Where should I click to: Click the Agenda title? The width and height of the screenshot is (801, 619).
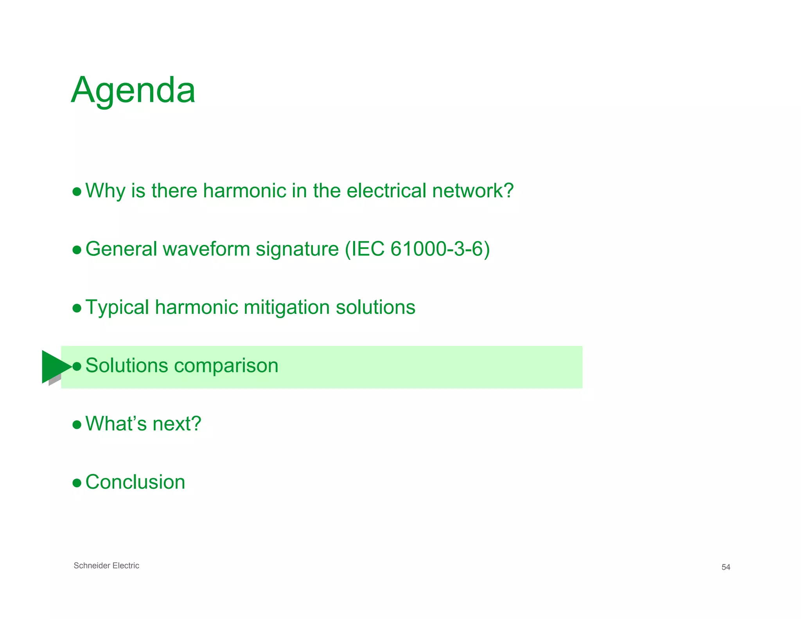pyautogui.click(x=133, y=90)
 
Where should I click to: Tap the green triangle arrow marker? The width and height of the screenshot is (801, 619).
pyautogui.click(x=55, y=366)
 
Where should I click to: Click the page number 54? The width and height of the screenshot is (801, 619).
pyautogui.click(x=726, y=567)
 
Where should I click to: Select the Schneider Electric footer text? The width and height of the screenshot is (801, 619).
pyautogui.click(x=106, y=565)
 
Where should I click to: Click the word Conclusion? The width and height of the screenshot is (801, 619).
pyautogui.click(x=135, y=482)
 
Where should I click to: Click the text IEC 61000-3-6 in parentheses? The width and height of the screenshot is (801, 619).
pyautogui.click(x=417, y=249)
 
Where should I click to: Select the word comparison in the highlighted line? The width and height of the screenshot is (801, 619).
pyautogui.click(x=226, y=366)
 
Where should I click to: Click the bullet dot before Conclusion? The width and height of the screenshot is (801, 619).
pyautogui.click(x=77, y=483)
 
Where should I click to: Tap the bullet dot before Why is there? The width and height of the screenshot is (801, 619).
pyautogui.click(x=77, y=192)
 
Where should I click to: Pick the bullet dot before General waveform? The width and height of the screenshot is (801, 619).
pyautogui.click(x=77, y=250)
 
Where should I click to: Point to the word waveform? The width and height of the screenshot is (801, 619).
pyautogui.click(x=206, y=249)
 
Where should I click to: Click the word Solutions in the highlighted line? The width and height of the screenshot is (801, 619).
pyautogui.click(x=127, y=365)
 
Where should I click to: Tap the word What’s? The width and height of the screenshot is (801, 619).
pyautogui.click(x=116, y=424)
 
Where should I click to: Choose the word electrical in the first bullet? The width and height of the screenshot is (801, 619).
pyautogui.click(x=386, y=191)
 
